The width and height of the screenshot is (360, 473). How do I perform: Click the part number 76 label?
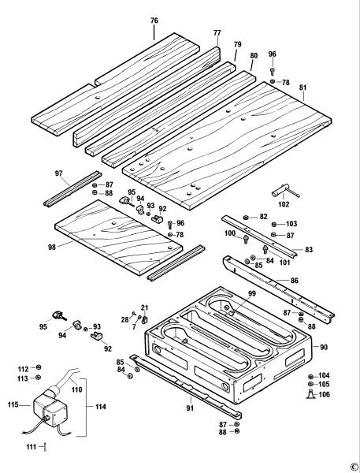pyautogui.click(x=154, y=20)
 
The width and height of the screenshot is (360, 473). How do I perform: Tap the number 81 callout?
pyautogui.click(x=303, y=88)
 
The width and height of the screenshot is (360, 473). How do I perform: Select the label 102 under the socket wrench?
pyautogui.click(x=284, y=204)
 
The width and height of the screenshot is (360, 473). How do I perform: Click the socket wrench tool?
pyautogui.click(x=285, y=192)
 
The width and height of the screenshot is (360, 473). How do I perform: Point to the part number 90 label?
pyautogui.click(x=324, y=347)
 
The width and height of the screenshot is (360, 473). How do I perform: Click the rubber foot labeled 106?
pyautogui.click(x=310, y=393)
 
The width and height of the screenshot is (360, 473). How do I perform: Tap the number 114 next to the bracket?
pyautogui.click(x=101, y=407)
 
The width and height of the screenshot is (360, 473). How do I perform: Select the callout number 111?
pyautogui.click(x=32, y=447)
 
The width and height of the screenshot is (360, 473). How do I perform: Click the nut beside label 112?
pyautogui.click(x=38, y=367)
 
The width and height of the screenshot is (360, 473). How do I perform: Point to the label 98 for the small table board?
pyautogui.click(x=52, y=248)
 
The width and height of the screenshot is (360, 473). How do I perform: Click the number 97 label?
pyautogui.click(x=59, y=173)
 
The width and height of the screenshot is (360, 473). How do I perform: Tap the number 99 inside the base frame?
pyautogui.click(x=252, y=293)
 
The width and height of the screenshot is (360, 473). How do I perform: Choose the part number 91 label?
pyautogui.click(x=190, y=408)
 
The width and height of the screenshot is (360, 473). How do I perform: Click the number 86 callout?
pyautogui.click(x=295, y=281)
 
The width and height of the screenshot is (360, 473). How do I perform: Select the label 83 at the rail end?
pyautogui.click(x=309, y=249)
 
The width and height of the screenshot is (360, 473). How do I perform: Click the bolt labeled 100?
pyautogui.click(x=246, y=239)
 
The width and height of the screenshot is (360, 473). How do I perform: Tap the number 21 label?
pyautogui.click(x=145, y=308)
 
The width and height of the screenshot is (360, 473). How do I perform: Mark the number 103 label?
pyautogui.click(x=291, y=224)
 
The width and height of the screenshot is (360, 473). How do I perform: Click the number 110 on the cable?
pyautogui.click(x=77, y=389)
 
